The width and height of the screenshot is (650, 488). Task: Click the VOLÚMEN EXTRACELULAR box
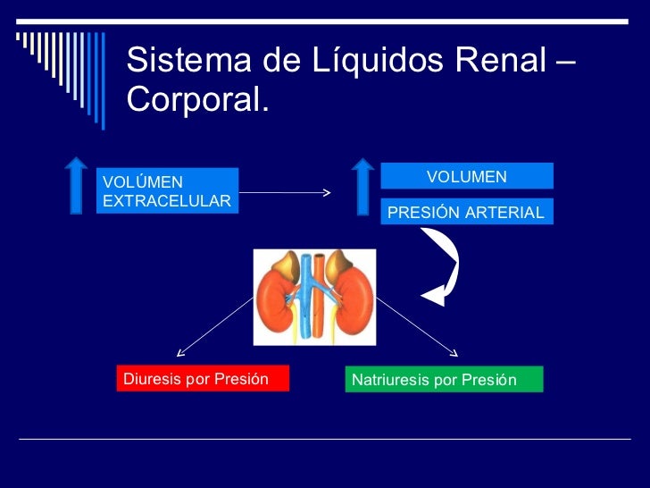(x=167, y=191)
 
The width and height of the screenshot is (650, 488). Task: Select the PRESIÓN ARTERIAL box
(x=466, y=212)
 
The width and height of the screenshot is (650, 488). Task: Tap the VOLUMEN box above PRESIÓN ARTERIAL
(x=466, y=176)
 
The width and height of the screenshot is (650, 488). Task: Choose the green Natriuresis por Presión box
(x=443, y=380)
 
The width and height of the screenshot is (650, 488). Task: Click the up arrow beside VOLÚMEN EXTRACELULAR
(x=76, y=186)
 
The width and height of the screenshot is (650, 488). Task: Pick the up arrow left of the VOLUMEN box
(x=362, y=186)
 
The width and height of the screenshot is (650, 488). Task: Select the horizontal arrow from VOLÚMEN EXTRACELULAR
(x=285, y=192)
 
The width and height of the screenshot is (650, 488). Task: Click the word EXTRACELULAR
(x=167, y=201)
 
